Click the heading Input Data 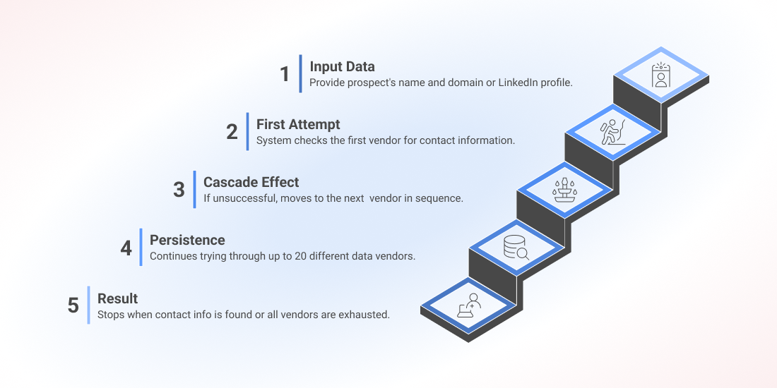342,66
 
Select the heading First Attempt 298,123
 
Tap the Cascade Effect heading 251,181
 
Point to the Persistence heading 187,240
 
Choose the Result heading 117,298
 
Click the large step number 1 285,74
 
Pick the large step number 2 232,132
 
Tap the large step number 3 179,190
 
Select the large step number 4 126,248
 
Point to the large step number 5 73,306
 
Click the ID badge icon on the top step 660,75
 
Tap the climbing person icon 613,132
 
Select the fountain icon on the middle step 565,190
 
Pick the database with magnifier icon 516,248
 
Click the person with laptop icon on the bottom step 469,305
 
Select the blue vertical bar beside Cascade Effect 195,190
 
